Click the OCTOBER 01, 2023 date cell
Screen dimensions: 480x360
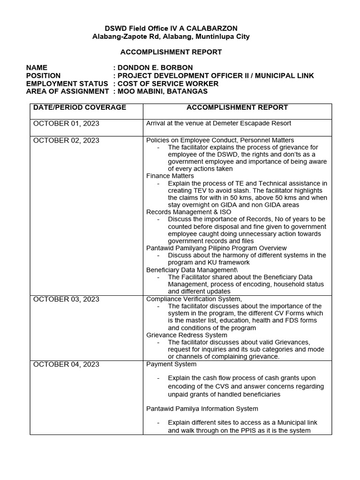tap(66, 123)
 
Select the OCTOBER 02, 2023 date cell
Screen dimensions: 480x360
tap(66, 140)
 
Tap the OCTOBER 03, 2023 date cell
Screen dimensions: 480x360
tap(66, 299)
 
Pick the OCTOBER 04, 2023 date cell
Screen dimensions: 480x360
tap(66, 364)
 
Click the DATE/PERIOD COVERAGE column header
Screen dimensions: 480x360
tap(80, 107)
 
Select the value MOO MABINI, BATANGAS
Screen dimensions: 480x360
tap(161, 91)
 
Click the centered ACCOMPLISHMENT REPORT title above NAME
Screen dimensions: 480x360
tap(180, 52)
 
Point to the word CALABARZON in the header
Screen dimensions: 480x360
tap(212, 29)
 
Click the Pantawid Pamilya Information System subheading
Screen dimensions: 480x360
tap(202, 409)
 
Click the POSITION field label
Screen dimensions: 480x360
tap(43, 75)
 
